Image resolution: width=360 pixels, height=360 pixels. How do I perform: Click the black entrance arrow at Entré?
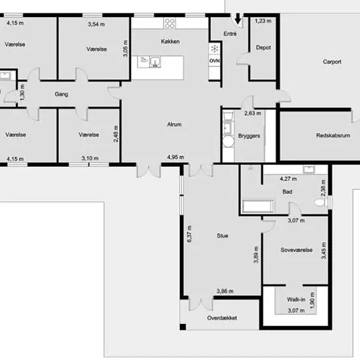click(238, 18)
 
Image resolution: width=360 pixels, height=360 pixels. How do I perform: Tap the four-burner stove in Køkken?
click(170, 24)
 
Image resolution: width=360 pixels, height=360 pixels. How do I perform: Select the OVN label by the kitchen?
click(214, 61)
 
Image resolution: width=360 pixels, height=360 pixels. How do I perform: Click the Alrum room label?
click(174, 124)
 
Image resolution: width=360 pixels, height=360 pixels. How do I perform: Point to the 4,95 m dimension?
click(175, 157)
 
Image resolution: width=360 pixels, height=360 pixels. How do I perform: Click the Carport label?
click(332, 62)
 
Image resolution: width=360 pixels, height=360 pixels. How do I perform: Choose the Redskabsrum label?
click(333, 135)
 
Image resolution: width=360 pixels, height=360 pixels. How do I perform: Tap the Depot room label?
click(263, 48)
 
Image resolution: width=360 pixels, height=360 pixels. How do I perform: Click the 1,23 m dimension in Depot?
click(263, 21)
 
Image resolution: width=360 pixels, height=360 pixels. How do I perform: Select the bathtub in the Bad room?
click(258, 206)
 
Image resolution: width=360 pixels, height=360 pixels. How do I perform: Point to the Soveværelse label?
click(297, 250)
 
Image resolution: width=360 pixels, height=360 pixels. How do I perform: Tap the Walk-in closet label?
click(296, 299)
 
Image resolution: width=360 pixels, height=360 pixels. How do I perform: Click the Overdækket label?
click(222, 318)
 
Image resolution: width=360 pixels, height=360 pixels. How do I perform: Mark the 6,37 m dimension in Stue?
click(189, 234)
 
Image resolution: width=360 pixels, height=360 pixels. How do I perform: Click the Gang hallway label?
click(62, 94)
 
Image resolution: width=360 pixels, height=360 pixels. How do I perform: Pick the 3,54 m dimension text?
click(96, 24)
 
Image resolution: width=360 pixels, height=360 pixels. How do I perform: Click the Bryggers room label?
click(249, 136)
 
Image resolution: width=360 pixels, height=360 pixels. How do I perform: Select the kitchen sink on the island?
click(155, 62)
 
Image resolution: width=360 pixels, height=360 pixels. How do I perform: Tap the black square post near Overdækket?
click(183, 327)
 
